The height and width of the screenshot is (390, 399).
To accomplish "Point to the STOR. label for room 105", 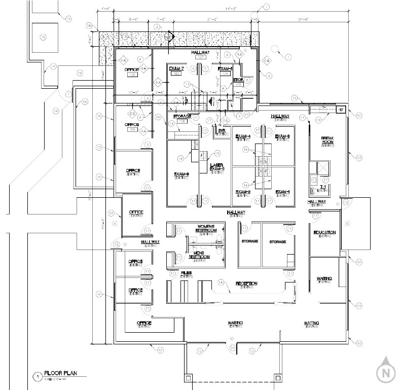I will [238, 80].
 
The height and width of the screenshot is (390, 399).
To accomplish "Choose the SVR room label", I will [221, 130].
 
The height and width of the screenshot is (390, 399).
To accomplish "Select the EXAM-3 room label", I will [282, 136].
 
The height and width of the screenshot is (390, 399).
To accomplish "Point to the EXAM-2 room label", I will [243, 192].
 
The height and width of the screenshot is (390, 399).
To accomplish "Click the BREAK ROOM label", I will [327, 140].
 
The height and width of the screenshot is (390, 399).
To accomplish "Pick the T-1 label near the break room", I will [323, 187].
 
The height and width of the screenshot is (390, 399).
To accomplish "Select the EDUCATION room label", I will [324, 232].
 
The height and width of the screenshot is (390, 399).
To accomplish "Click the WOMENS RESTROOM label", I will [206, 228].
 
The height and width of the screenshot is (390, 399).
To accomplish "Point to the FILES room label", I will [186, 273].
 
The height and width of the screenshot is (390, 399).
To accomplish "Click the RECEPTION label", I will [246, 283].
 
